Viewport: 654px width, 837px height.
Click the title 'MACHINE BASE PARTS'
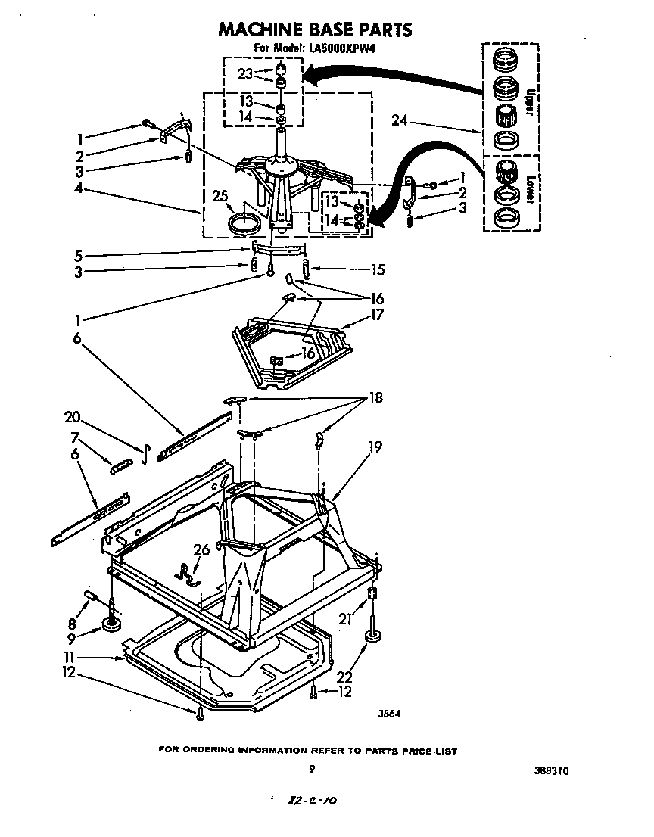pyautogui.click(x=315, y=30)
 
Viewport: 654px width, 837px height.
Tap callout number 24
pyautogui.click(x=400, y=120)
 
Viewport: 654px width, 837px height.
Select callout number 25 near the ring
pyautogui.click(x=220, y=198)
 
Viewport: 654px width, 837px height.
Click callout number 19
pyautogui.click(x=374, y=447)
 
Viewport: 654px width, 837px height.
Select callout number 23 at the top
pyautogui.click(x=244, y=73)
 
